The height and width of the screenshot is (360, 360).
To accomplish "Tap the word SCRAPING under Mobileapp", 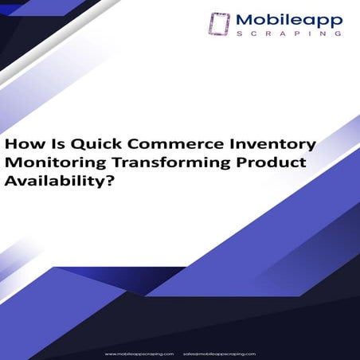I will pos(289,35).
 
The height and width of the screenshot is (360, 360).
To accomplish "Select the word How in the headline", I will pos(20,145).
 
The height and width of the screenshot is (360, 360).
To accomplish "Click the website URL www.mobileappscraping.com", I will pos(139,352).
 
